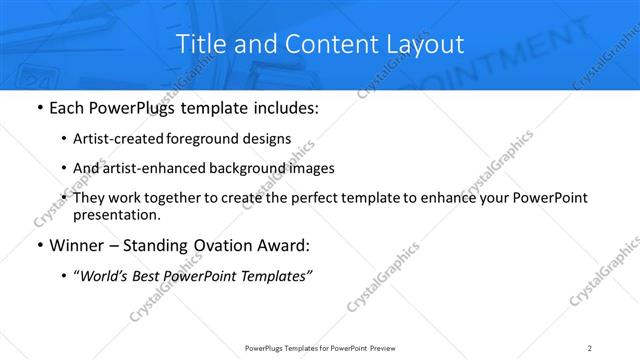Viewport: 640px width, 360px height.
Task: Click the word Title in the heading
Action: coord(200,44)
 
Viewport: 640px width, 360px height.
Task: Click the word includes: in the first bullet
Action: coord(283,107)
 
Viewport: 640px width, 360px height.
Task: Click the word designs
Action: coord(268,139)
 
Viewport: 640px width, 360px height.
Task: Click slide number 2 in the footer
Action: coord(590,348)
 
